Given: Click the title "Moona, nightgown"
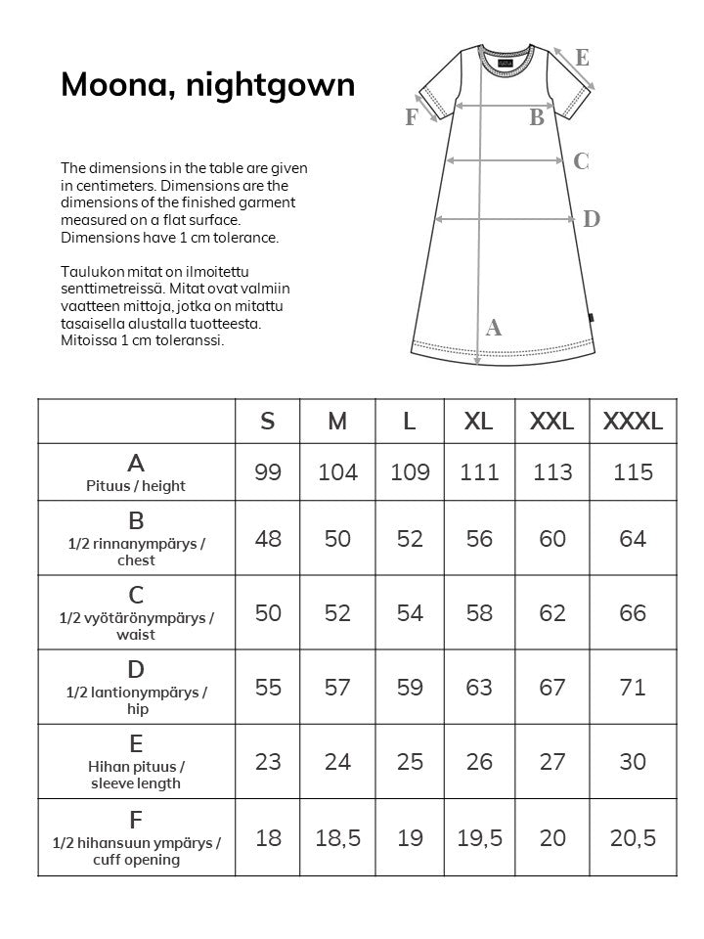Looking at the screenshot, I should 207,85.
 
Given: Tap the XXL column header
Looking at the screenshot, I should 552,422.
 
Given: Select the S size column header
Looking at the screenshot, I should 268,422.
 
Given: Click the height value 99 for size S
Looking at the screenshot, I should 268,472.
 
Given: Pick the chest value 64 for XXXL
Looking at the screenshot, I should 633,539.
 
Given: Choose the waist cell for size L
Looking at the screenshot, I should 410,613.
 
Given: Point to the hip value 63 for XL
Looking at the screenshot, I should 479,688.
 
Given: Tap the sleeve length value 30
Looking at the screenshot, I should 633,762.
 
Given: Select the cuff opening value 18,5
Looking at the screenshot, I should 337,837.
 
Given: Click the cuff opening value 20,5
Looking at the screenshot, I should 633,837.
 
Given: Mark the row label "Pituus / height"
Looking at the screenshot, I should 136,485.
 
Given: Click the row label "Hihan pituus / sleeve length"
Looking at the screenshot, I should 136,775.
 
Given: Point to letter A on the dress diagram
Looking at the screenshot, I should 494,329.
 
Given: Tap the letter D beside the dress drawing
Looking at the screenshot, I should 592,219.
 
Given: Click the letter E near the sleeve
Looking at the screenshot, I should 583,58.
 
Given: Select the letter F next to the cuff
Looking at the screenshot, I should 412,117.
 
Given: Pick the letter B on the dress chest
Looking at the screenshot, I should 537,118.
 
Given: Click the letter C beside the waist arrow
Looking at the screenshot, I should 581,161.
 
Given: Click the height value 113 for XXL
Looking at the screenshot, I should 552,472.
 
